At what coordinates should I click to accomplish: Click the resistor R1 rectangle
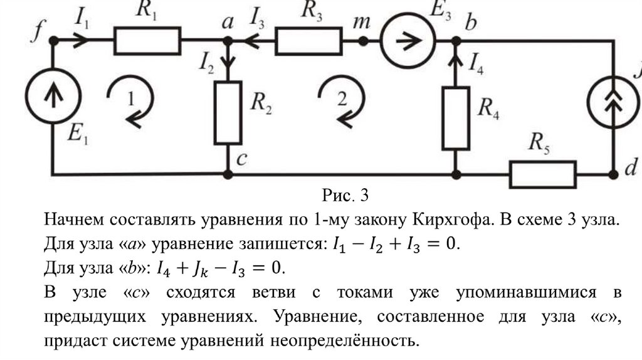[147, 41]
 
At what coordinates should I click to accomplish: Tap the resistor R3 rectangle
[309, 41]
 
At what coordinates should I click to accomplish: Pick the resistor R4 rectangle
[455, 118]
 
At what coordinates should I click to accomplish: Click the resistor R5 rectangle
[543, 174]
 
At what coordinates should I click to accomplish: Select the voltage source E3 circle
[409, 41]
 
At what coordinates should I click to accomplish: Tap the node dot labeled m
[363, 41]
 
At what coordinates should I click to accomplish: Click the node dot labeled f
[53, 41]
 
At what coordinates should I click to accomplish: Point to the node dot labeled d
[613, 173]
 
